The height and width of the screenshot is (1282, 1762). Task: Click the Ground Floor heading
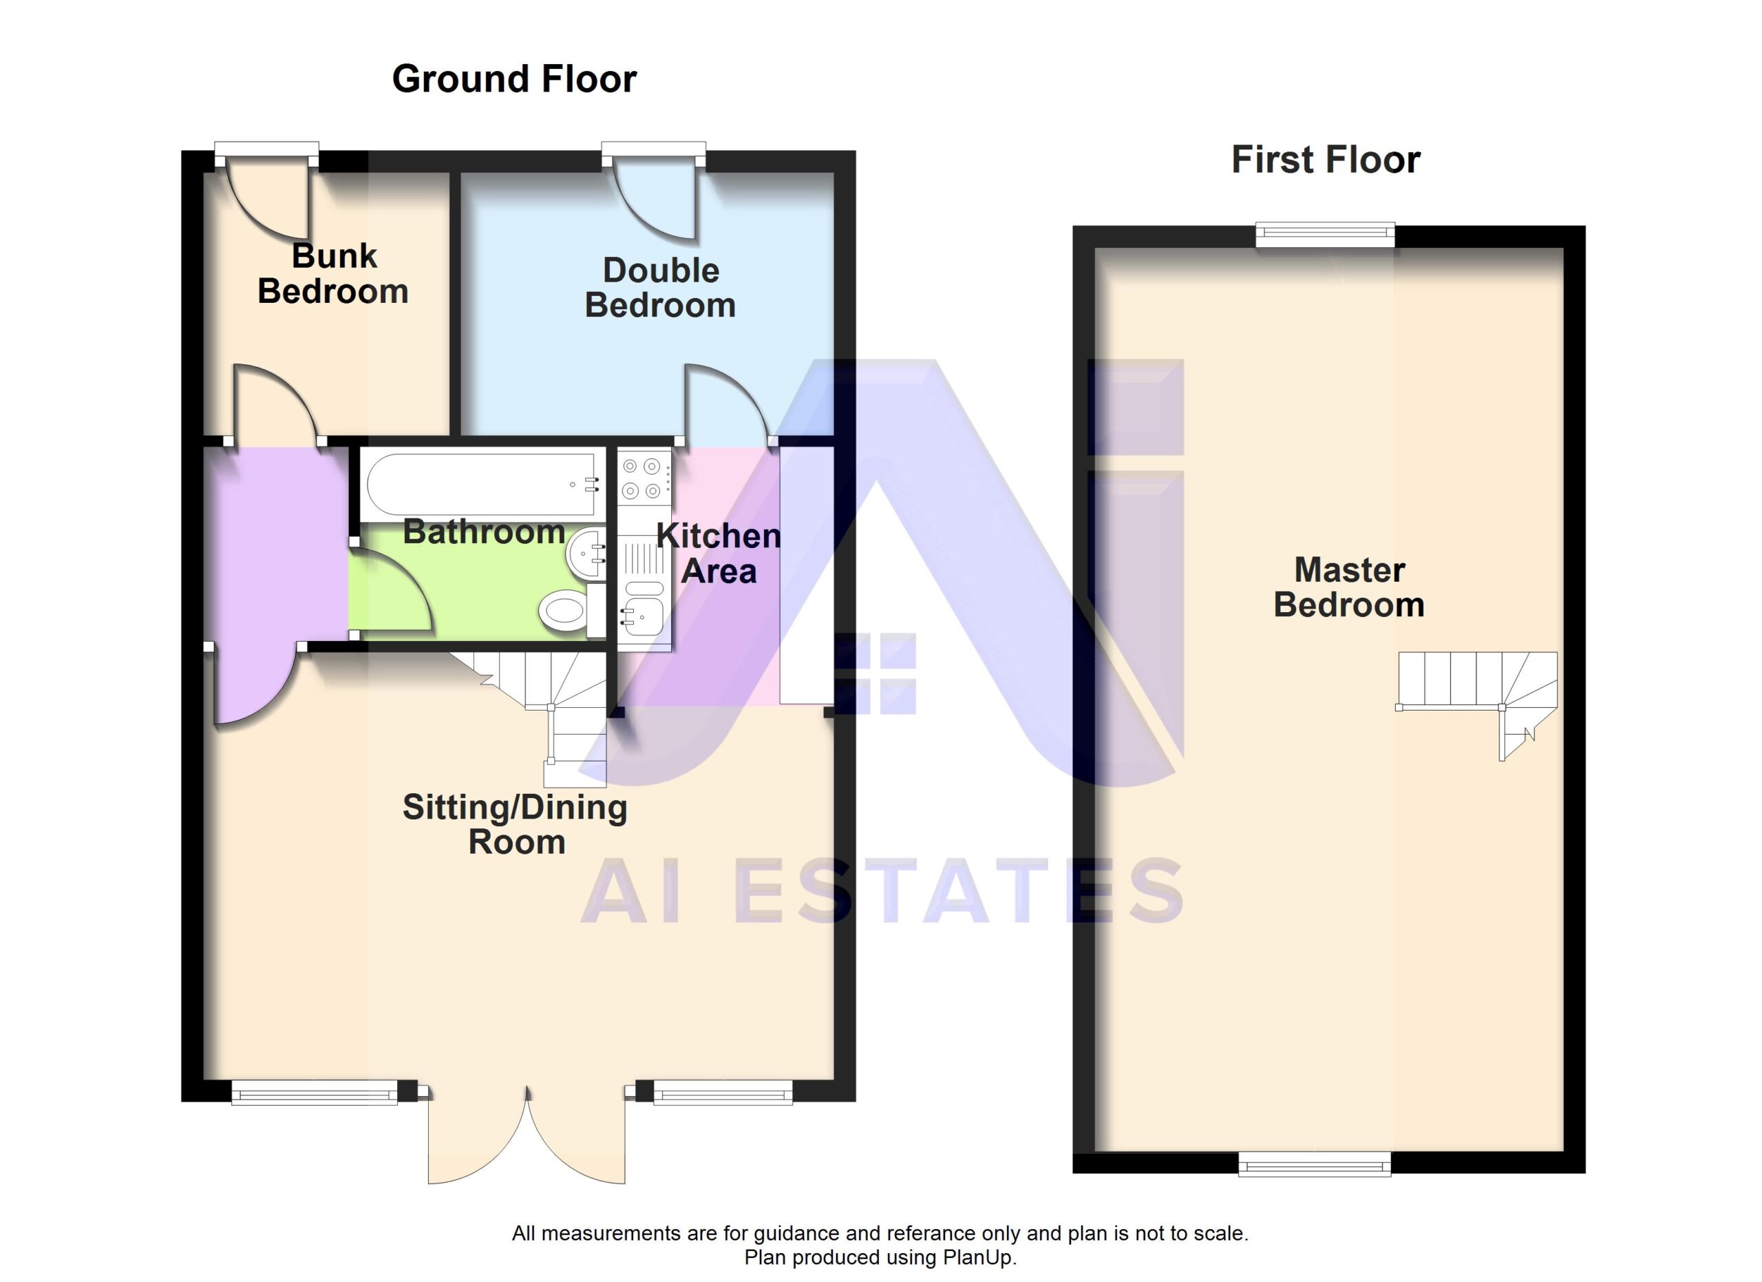[x=514, y=79]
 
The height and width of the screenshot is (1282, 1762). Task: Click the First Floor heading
[x=1326, y=160]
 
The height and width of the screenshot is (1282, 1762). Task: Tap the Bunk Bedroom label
[x=333, y=273]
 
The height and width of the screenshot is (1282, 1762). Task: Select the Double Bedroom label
[x=660, y=288]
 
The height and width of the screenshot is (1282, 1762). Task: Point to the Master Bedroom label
[x=1350, y=587]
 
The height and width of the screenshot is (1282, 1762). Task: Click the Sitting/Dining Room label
[x=515, y=824]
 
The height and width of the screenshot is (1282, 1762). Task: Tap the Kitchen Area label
[x=719, y=553]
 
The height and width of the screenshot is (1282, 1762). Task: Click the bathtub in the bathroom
[x=484, y=485]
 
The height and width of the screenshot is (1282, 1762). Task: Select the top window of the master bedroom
[x=1326, y=235]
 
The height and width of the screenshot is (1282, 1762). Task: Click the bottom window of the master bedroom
[x=1315, y=1163]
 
